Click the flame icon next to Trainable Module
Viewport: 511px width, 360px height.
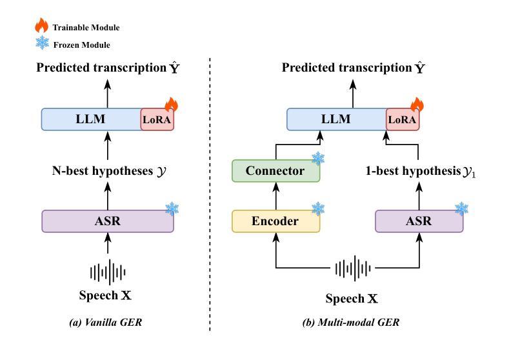pos(42,25)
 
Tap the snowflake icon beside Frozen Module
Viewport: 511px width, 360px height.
pos(43,43)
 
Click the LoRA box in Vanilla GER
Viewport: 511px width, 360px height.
pos(157,119)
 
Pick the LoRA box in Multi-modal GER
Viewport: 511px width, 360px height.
pos(403,119)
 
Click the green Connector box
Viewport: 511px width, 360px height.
pos(276,171)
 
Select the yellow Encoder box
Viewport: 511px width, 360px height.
pos(276,221)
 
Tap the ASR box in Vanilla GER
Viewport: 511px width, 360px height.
pos(108,221)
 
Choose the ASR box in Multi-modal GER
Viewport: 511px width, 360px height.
pos(419,221)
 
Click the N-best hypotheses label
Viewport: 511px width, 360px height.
pos(109,171)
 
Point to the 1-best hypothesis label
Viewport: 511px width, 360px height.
pos(421,172)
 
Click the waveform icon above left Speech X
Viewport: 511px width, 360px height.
pos(108,272)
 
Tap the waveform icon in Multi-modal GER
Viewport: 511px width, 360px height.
pos(353,268)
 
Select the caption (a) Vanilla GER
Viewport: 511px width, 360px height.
pos(106,322)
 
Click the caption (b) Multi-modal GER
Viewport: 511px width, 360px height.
pos(351,322)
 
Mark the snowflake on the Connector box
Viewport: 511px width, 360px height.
pos(318,159)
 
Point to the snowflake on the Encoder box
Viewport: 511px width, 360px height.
pos(318,209)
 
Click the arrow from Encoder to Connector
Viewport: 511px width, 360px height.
pos(276,195)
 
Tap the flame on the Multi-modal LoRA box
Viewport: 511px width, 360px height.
pos(417,105)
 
